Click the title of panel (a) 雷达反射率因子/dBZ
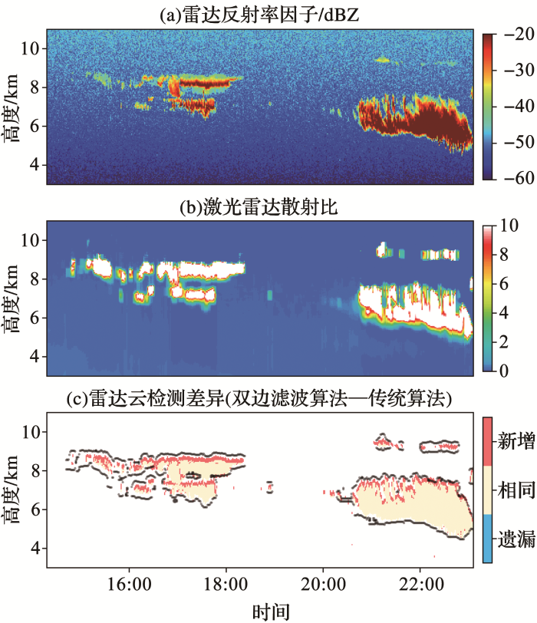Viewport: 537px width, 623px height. click(259, 13)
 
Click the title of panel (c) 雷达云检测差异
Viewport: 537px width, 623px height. click(259, 397)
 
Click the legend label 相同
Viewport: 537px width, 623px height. click(516, 490)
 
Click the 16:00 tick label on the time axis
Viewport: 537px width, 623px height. click(128, 583)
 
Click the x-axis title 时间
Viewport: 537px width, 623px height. click(272, 611)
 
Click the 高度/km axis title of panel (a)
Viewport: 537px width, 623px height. click(13, 107)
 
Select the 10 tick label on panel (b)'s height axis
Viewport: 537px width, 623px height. click(28, 240)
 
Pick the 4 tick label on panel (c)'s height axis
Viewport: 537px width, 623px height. click(33, 549)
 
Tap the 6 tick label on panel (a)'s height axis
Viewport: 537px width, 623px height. click(33, 127)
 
